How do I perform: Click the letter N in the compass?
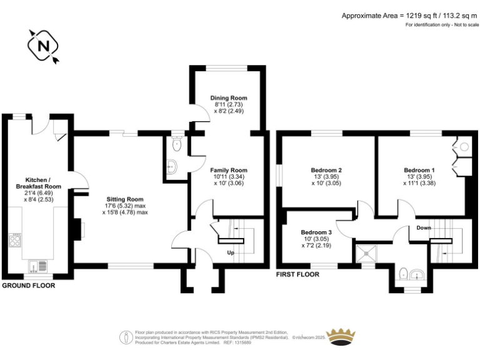[x=44, y=46]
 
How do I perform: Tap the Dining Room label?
[x=229, y=98]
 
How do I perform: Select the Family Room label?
[x=229, y=170]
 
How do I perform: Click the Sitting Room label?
[x=125, y=199]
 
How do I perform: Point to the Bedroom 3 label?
[x=316, y=232]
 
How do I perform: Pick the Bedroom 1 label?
[x=419, y=170]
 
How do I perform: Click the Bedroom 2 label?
[x=326, y=170]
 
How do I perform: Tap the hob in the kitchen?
[x=15, y=240]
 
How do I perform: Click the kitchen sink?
[x=38, y=266]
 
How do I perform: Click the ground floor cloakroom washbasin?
[x=172, y=167]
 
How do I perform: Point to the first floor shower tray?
[x=366, y=254]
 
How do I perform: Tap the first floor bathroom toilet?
[x=404, y=274]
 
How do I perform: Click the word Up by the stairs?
[x=231, y=252]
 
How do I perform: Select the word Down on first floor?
[x=424, y=227]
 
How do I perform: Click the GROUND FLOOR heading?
[x=29, y=286]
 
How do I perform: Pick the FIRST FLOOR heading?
[x=297, y=274]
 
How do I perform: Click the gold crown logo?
[x=341, y=337]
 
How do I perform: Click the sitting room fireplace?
[x=78, y=229]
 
